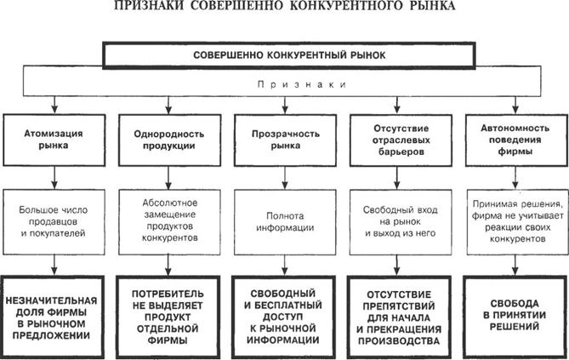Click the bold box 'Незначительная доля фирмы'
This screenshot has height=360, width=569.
pos(54,314)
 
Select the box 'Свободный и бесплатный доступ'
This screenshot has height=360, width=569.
pos(283,314)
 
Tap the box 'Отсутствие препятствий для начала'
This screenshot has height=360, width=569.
pos(397,314)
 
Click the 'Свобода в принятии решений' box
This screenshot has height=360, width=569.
pos(513,314)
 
